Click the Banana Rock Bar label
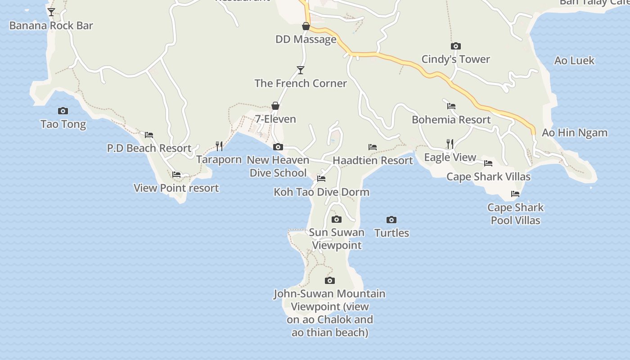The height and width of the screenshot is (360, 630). point(51,26)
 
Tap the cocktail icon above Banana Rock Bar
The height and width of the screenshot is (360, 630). point(51,12)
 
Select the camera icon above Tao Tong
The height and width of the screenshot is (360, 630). point(63,111)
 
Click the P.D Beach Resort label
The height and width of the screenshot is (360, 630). point(149,148)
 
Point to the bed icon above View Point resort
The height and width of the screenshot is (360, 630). point(176,175)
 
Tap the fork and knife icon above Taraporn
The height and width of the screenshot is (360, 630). point(219,146)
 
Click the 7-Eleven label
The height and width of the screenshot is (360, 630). point(275,119)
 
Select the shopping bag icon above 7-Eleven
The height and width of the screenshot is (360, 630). point(275,106)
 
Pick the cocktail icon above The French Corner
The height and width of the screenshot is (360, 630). point(301,70)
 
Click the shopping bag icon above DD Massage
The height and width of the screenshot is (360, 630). point(306,26)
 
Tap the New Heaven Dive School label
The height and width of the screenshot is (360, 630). point(278,166)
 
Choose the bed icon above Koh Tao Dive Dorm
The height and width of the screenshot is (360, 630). point(321,179)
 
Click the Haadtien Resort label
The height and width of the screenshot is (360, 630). point(373,161)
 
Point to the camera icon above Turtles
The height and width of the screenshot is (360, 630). point(391,220)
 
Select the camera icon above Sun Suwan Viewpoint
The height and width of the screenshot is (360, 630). point(337,219)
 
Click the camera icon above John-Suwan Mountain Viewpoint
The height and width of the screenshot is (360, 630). point(330,280)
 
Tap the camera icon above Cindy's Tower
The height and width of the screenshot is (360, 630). point(456,46)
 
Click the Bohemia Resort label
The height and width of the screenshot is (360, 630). point(451,120)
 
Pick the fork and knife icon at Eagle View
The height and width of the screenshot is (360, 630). point(450,144)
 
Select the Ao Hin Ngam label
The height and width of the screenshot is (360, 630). point(575,133)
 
